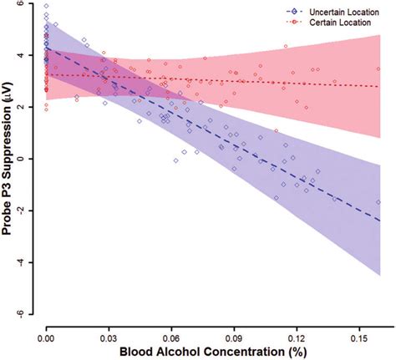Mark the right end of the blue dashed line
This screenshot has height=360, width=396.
pyautogui.click(x=380, y=221)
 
